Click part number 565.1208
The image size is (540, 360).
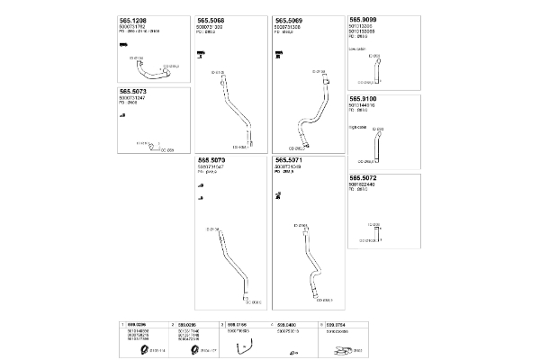click(x=134, y=20)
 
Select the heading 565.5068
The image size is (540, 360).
click(x=211, y=20)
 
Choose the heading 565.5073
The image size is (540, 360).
click(x=134, y=92)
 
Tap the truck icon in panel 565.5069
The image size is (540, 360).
click(x=279, y=55)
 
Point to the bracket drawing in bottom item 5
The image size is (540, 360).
click(x=346, y=349)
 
